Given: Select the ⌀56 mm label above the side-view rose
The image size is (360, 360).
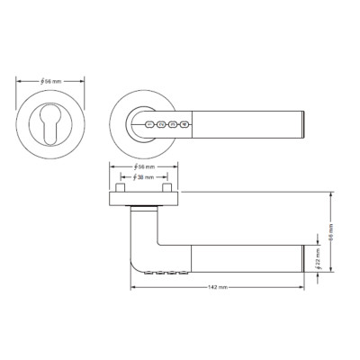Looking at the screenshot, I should click(144, 168).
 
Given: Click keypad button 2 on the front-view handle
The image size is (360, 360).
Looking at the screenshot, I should click(161, 126).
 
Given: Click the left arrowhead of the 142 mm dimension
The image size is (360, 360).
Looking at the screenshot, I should click(134, 287).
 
